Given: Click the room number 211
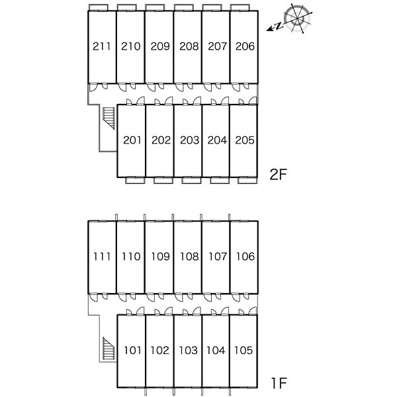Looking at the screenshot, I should coord(102,46).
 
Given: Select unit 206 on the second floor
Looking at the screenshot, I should coord(244,46).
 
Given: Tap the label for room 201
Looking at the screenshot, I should coord(132,140).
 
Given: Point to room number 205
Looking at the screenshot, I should coord(244,140).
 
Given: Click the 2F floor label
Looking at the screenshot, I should coord(279,175).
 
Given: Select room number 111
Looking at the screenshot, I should coord(102,256).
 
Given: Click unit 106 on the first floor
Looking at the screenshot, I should coord(244,256).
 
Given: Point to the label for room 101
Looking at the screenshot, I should coord(132,350).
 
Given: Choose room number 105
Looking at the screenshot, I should coord(244,350).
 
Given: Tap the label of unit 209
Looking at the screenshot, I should coord(160,46).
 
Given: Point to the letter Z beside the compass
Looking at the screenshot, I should coord(279,26).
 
